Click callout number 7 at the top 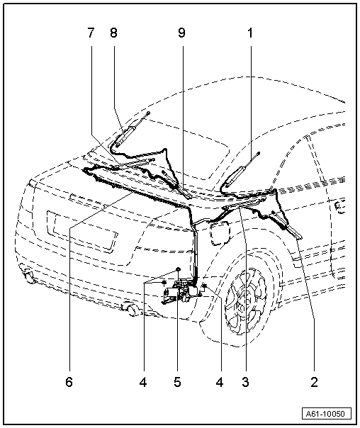(x=91, y=33)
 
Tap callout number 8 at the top (x=113, y=33)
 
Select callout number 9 (x=182, y=33)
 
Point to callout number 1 (x=250, y=33)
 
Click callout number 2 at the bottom (x=315, y=382)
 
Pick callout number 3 (x=245, y=382)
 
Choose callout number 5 (x=177, y=382)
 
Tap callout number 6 (x=69, y=382)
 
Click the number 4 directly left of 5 (x=143, y=382)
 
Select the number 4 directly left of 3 (x=220, y=382)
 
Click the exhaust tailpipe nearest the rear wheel (x=132, y=310)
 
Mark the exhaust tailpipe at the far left (x=28, y=276)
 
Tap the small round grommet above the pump (x=178, y=270)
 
